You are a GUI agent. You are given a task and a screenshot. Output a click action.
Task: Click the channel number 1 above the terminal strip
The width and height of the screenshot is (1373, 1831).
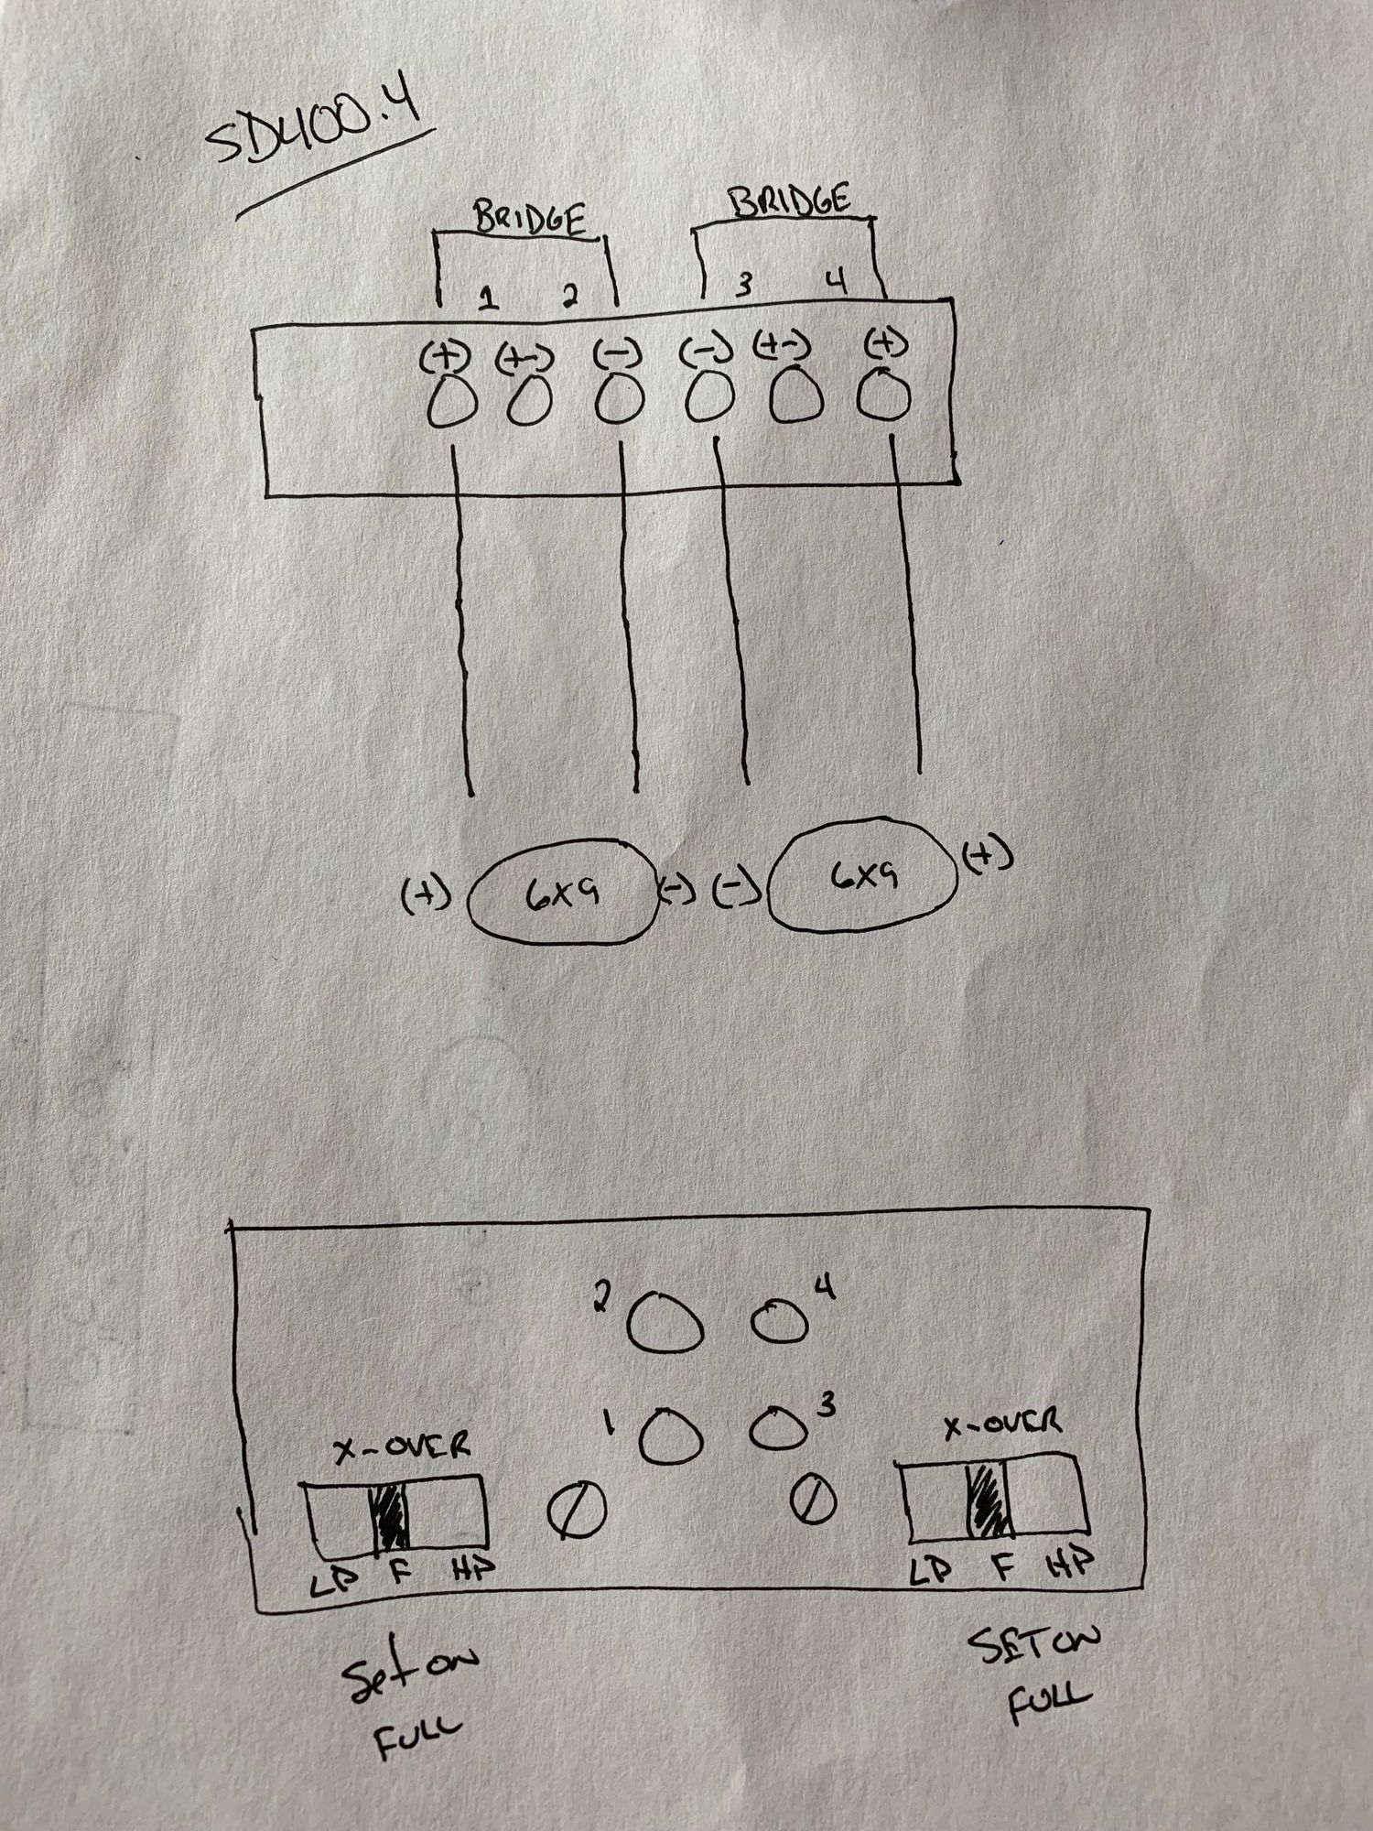pos(490,298)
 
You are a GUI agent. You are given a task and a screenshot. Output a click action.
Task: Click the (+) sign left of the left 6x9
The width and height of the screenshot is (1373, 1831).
pos(426,896)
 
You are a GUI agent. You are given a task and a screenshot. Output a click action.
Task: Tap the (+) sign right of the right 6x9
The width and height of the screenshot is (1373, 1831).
pos(989,858)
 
